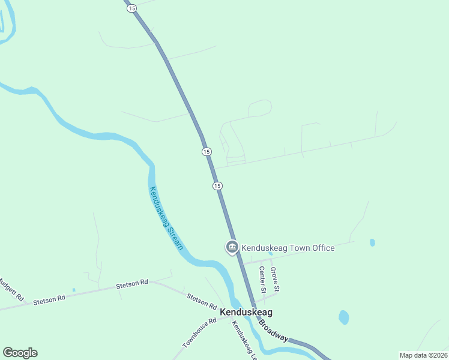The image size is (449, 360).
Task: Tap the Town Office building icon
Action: coord(232,247)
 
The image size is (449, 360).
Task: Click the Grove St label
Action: coord(275,280)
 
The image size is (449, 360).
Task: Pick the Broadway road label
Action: coord(274,331)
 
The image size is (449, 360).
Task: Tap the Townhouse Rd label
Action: coord(199,334)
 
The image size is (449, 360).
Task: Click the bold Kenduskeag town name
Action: coord(246,312)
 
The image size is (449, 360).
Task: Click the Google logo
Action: coord(20,353)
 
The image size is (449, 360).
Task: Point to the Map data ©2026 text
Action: coord(423,355)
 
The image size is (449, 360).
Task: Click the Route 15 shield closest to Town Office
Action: coord(217,186)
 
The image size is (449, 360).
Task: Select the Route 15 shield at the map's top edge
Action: coord(132,7)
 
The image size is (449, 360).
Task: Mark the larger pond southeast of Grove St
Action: coord(343,317)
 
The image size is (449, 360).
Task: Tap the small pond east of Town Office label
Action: coord(372,242)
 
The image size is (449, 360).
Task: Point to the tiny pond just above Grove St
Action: coord(270,254)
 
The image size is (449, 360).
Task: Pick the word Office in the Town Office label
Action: coord(320,247)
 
